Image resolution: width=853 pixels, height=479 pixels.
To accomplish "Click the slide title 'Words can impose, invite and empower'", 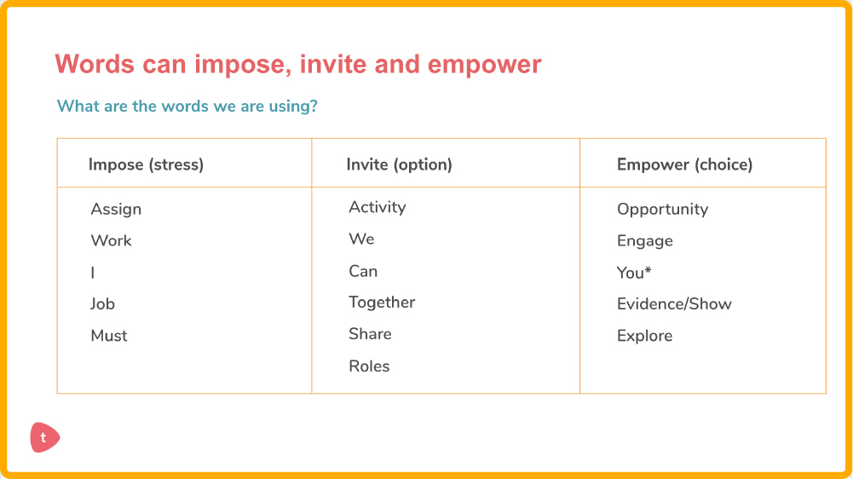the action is click(298, 64).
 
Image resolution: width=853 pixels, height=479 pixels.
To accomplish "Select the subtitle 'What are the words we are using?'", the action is click(187, 106).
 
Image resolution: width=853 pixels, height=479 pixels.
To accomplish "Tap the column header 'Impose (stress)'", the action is click(146, 164).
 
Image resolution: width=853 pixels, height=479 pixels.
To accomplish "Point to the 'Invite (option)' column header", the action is click(400, 164).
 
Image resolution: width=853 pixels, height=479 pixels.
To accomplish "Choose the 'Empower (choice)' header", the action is click(684, 164).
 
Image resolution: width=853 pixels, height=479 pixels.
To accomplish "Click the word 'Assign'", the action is click(116, 210).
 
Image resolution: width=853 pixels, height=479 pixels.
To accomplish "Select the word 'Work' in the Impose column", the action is click(111, 240).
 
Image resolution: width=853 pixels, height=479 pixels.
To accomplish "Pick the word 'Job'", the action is click(102, 303).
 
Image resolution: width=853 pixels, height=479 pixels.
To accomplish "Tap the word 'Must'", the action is click(109, 335).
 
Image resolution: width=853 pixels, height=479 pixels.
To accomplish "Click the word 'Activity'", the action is click(377, 207).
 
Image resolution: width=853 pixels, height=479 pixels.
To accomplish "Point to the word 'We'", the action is click(361, 239).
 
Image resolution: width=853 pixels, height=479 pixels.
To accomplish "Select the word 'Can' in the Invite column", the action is click(363, 271).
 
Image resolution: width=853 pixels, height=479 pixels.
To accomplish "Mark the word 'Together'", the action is click(382, 303).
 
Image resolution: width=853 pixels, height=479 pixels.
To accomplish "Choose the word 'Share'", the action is click(370, 333).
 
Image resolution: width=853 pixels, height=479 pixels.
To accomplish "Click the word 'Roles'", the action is click(369, 366).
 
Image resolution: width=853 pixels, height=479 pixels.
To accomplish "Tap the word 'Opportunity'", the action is click(662, 210).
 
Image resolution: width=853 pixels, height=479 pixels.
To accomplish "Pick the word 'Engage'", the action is click(644, 241).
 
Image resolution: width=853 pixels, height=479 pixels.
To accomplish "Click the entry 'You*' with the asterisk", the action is click(634, 272).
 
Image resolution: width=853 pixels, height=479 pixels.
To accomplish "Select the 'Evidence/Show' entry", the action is click(674, 303).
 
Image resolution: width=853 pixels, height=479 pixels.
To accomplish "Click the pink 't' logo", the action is click(44, 437).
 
